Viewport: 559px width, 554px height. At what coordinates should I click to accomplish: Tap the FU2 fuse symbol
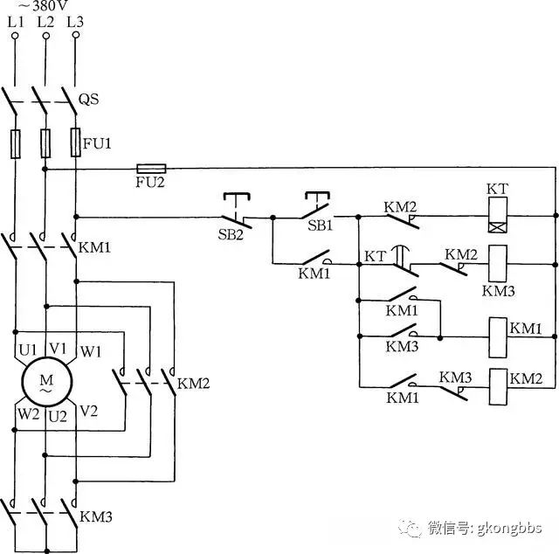(151, 169)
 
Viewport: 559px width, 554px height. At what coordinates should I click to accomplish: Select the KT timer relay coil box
(498, 215)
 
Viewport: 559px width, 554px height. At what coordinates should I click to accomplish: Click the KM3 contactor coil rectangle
(498, 263)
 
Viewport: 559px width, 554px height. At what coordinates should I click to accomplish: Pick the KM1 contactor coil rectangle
(498, 337)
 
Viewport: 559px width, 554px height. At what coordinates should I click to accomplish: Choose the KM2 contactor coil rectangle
(499, 387)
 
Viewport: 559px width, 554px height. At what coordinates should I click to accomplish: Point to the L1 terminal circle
(15, 36)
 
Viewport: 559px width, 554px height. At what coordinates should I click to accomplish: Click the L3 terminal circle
(76, 35)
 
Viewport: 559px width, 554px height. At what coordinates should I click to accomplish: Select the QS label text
(89, 99)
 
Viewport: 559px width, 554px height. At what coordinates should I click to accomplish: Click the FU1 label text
(97, 143)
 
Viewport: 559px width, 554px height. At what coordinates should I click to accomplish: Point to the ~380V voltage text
(43, 5)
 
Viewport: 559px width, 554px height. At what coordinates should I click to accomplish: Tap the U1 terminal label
(27, 350)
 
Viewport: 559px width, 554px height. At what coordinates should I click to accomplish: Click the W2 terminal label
(29, 414)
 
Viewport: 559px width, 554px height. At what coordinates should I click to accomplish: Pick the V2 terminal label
(88, 412)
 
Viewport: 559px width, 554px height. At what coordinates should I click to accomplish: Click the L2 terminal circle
(46, 36)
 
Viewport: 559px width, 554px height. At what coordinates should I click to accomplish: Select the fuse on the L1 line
(16, 144)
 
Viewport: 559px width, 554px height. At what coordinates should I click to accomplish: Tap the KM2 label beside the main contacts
(193, 384)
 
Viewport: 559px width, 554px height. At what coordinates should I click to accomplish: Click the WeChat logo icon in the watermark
(411, 528)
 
